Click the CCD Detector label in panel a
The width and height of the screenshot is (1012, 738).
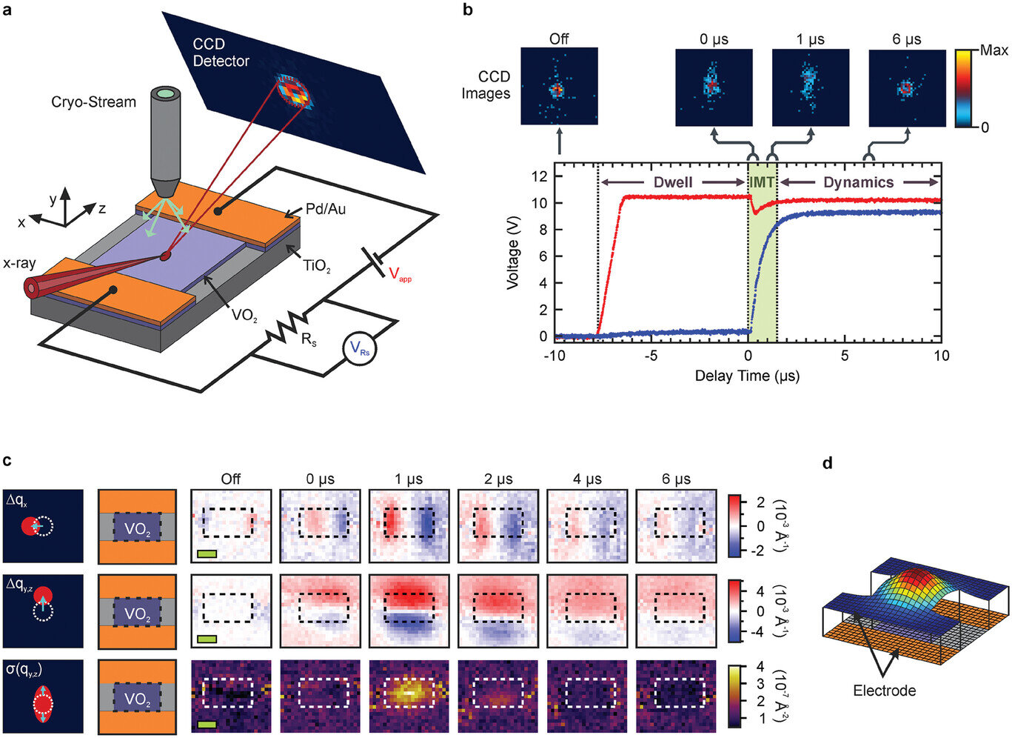pyautogui.click(x=221, y=53)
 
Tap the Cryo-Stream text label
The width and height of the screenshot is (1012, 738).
pyautogui.click(x=93, y=102)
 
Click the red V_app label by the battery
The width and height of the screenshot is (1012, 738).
pyautogui.click(x=400, y=276)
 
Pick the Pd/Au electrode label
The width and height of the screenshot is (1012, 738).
pyautogui.click(x=325, y=210)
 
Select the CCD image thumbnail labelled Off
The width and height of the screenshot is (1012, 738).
pyautogui.click(x=559, y=86)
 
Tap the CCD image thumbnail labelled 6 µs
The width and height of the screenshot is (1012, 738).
pyautogui.click(x=907, y=88)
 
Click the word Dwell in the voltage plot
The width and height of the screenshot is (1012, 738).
pyautogui.click(x=673, y=182)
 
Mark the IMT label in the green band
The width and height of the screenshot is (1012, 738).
pyautogui.click(x=763, y=182)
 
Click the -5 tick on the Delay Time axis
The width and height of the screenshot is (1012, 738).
pyautogui.click(x=650, y=356)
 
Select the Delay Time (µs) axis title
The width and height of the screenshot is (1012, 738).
pyautogui.click(x=746, y=376)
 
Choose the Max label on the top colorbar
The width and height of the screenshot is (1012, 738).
pyautogui.click(x=993, y=50)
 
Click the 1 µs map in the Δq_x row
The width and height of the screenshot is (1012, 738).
pyautogui.click(x=409, y=525)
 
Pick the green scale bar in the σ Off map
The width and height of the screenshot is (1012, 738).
pyautogui.click(x=207, y=722)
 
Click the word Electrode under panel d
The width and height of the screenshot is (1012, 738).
pyautogui.click(x=884, y=691)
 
